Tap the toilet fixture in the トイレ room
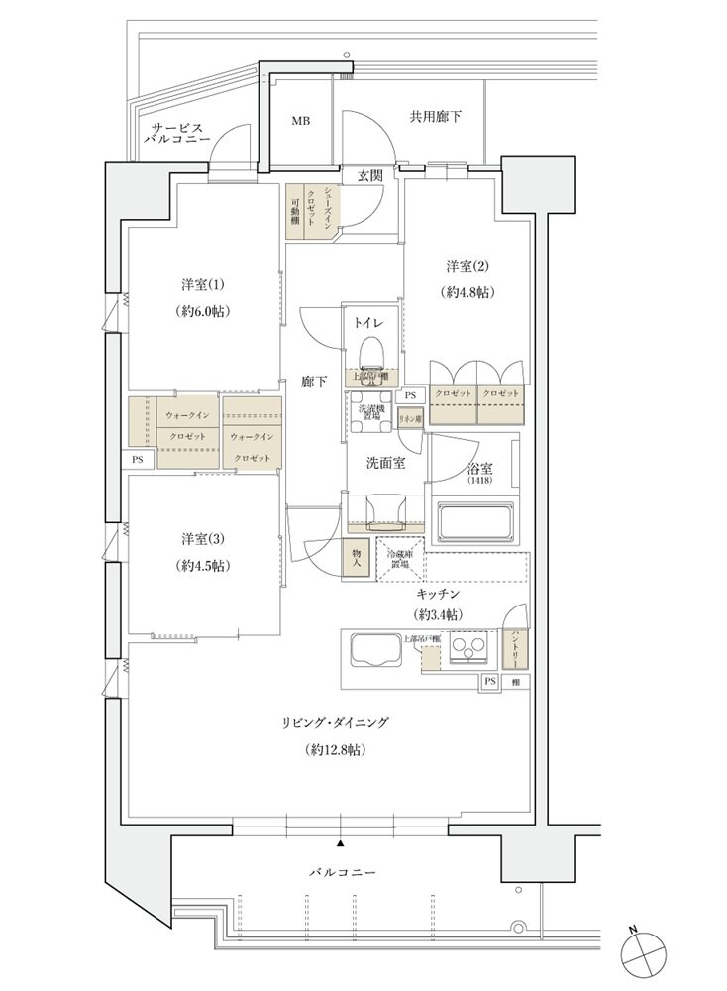coord(371,351)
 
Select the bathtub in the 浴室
coord(477,520)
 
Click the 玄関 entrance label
coord(369,175)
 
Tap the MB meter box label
coord(300,121)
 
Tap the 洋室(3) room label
coord(202,539)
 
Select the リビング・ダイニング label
coord(335,723)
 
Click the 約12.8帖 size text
coord(335,750)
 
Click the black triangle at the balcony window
coord(341,843)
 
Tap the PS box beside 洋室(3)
coord(137,460)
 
